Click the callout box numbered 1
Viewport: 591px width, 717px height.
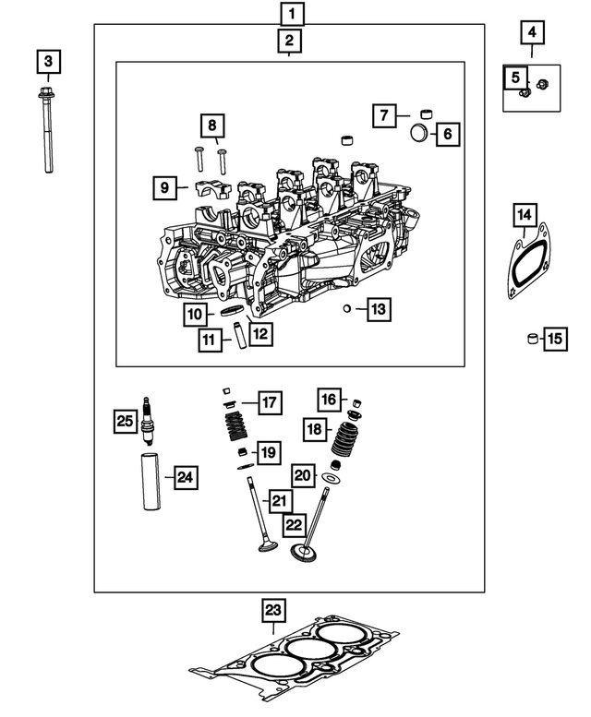coord(291,14)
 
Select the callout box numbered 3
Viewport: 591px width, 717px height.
coord(48,63)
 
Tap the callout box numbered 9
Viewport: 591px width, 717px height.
coord(164,187)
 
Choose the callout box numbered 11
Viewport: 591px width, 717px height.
coord(211,341)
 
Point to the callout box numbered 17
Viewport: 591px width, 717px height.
coord(269,402)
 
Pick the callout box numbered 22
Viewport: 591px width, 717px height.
coord(294,525)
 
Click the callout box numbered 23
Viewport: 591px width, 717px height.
coord(273,610)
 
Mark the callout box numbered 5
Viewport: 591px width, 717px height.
coord(516,78)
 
